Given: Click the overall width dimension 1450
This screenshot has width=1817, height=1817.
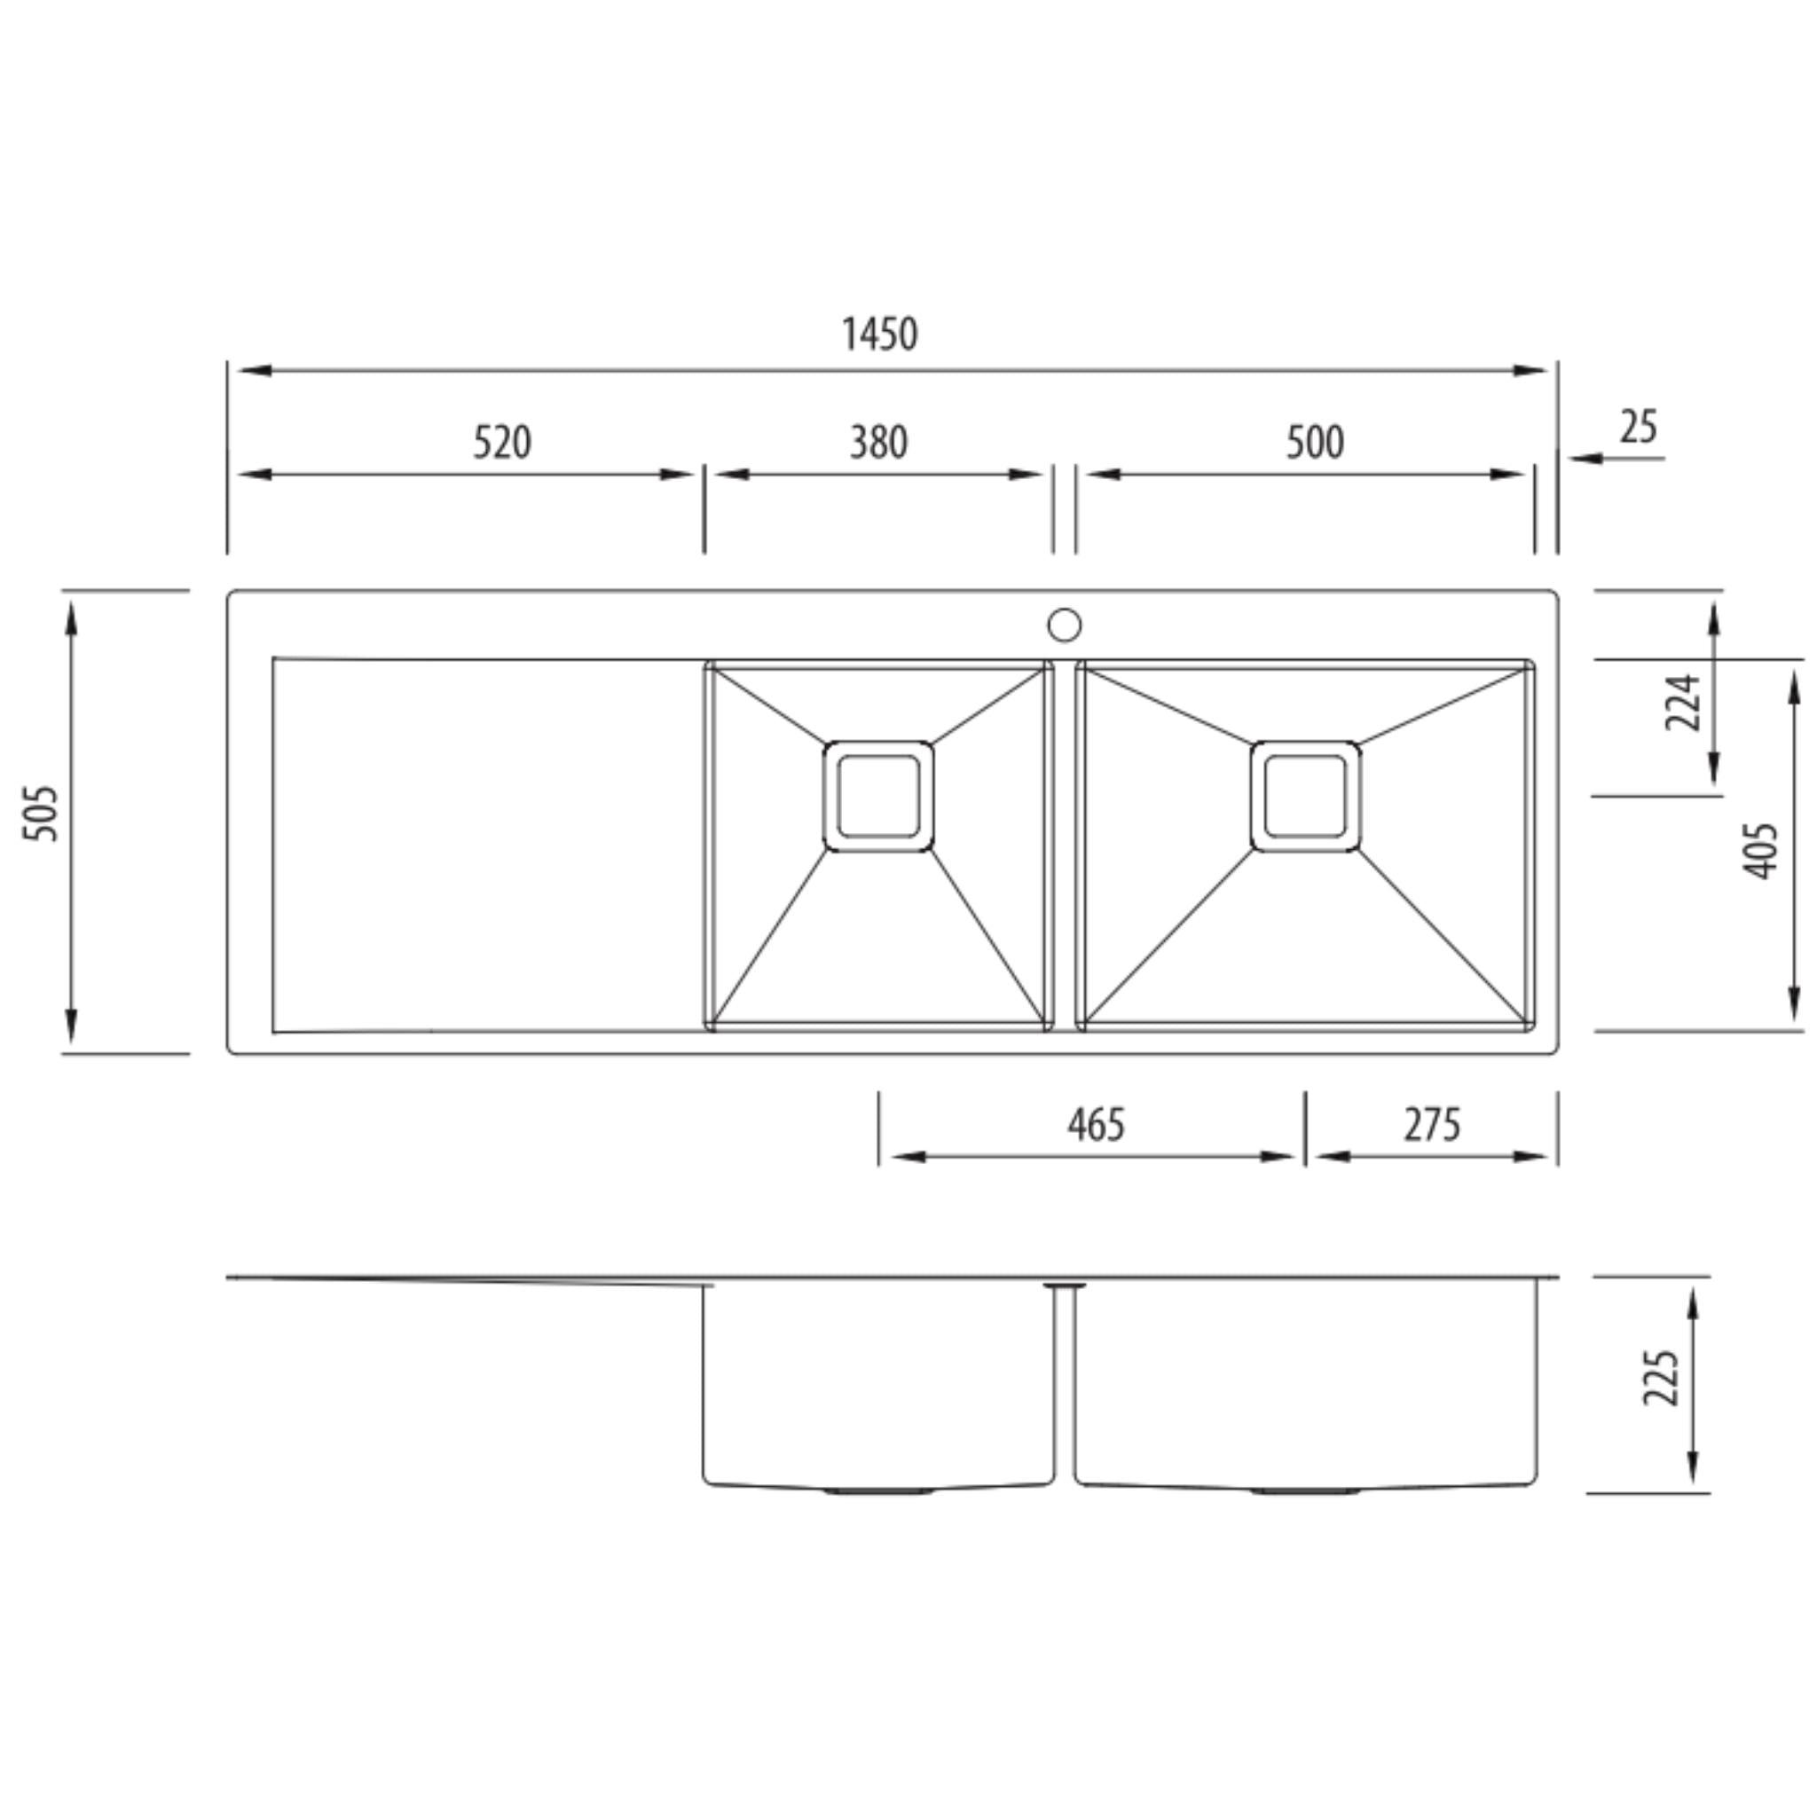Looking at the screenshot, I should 879,334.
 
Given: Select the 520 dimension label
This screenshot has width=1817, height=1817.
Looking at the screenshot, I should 501,442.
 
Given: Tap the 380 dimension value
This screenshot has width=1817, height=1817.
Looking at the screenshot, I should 878,442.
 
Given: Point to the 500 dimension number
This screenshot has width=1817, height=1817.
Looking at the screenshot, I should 1315,442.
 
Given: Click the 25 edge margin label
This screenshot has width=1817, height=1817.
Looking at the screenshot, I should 1639,427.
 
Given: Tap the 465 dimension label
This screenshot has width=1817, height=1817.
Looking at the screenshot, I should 1096,1124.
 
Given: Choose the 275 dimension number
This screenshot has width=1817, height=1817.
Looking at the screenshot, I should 1432,1124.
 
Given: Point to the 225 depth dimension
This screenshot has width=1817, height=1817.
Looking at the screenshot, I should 1660,1379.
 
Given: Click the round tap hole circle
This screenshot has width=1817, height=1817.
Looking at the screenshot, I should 1065,625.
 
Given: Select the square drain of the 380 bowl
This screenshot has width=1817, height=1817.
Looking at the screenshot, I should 878,797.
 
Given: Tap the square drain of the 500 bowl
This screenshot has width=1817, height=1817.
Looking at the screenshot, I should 1305,797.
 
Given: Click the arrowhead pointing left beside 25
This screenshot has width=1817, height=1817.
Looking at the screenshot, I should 1585,458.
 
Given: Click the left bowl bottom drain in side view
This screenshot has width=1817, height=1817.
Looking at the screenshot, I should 878,1491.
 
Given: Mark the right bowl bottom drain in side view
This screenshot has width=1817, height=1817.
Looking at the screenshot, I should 1305,1491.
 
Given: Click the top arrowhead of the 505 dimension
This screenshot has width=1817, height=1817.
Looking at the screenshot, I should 72,616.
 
